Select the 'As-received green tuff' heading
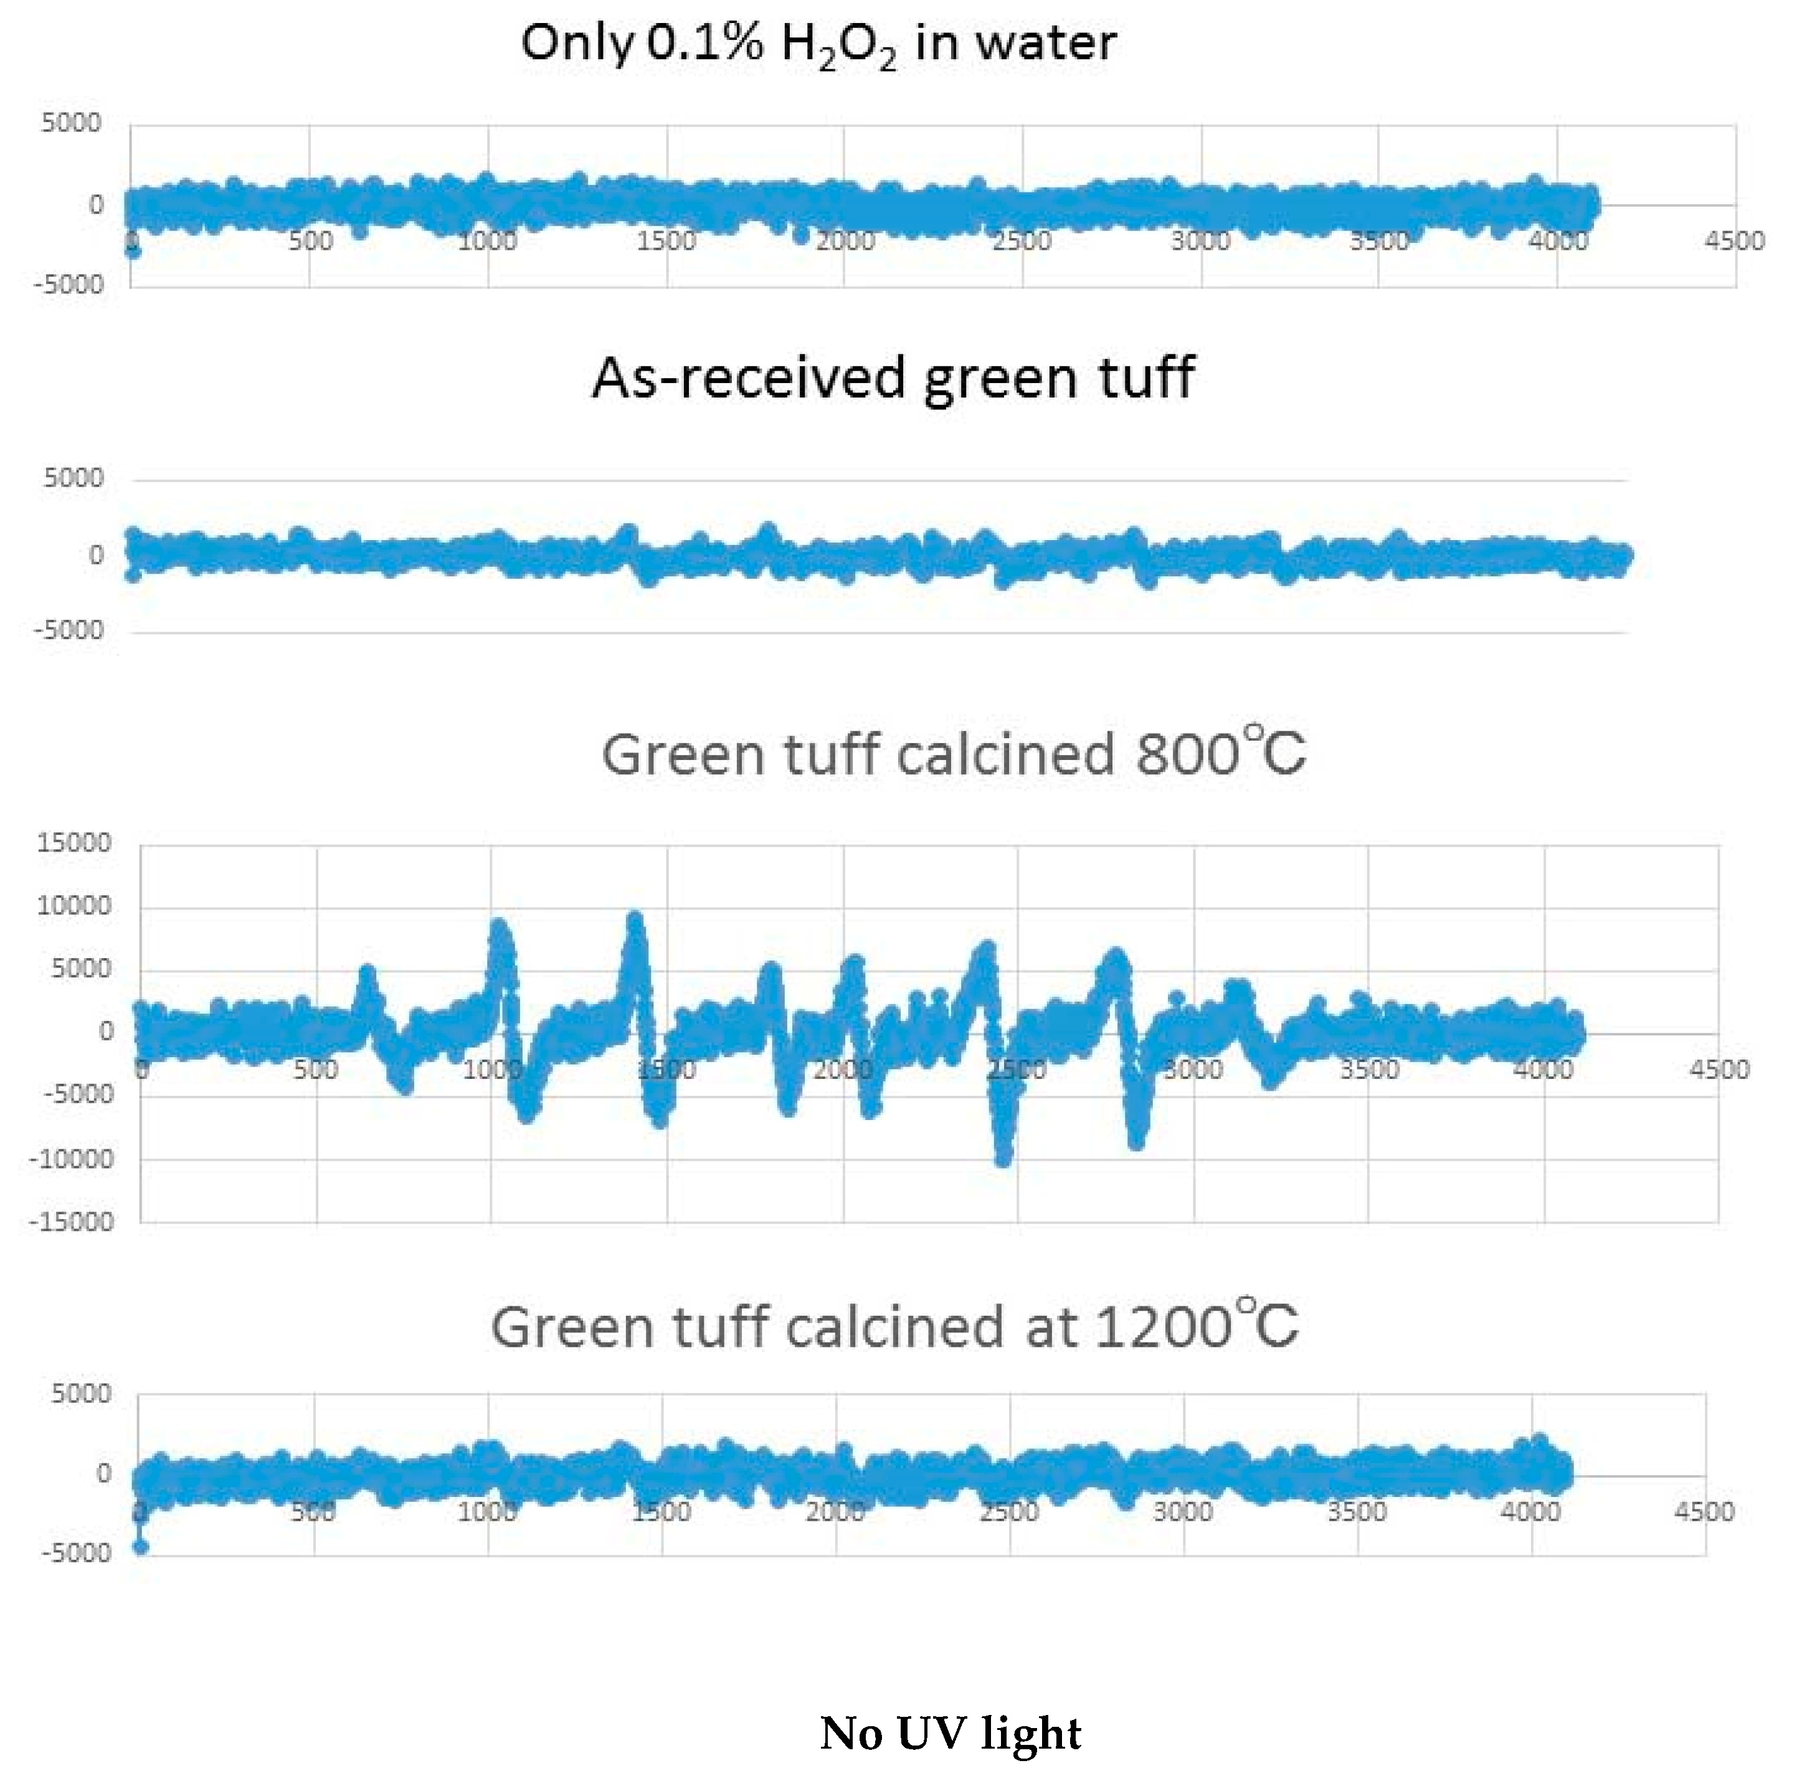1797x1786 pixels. [x=893, y=379]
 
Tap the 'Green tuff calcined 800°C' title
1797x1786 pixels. [x=954, y=754]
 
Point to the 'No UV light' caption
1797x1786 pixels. [x=951, y=1734]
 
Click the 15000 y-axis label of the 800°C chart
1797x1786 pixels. [x=73, y=843]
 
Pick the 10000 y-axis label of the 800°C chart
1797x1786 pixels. [x=73, y=906]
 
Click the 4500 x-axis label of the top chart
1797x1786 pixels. [x=1733, y=241]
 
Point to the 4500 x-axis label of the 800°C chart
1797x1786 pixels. [x=1719, y=1070]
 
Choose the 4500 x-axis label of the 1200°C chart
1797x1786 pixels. [x=1704, y=1511]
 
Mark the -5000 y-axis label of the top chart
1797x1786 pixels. [x=69, y=283]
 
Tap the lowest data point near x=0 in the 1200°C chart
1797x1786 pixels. [x=140, y=1547]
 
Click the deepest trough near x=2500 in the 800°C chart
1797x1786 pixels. [x=1003, y=1158]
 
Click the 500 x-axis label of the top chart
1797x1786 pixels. [x=310, y=241]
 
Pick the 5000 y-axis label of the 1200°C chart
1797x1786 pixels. [x=81, y=1394]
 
